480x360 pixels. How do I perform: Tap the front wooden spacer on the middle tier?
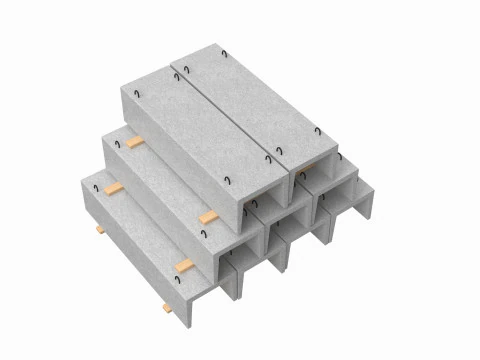[208, 217]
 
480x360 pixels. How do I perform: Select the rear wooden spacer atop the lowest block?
[113, 187]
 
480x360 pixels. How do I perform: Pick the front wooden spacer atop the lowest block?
[184, 265]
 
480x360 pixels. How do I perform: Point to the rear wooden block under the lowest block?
[100, 230]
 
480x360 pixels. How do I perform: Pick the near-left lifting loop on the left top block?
[229, 180]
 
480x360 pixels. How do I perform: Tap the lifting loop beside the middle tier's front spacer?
[203, 235]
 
